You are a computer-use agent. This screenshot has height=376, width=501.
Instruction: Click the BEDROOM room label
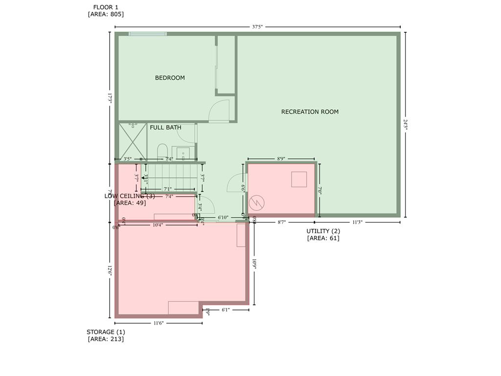(170, 78)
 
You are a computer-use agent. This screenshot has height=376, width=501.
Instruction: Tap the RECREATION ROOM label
(310, 112)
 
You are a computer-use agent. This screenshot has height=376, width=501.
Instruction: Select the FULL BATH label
(165, 127)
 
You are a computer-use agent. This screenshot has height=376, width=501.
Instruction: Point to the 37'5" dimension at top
(257, 27)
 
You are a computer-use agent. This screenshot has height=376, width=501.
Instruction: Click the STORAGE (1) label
(105, 332)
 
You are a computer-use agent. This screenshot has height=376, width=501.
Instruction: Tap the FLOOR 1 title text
(105, 7)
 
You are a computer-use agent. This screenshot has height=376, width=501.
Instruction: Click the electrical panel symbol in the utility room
(256, 202)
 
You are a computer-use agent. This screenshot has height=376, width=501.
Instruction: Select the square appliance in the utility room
(299, 180)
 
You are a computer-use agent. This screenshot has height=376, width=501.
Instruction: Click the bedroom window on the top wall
(147, 34)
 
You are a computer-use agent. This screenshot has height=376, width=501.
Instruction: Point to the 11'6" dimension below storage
(158, 323)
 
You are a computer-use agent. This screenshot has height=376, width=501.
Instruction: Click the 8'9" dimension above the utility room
(281, 159)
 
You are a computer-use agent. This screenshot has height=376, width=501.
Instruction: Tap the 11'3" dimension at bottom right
(358, 222)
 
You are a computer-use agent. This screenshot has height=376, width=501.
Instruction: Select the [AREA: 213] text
(105, 339)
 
